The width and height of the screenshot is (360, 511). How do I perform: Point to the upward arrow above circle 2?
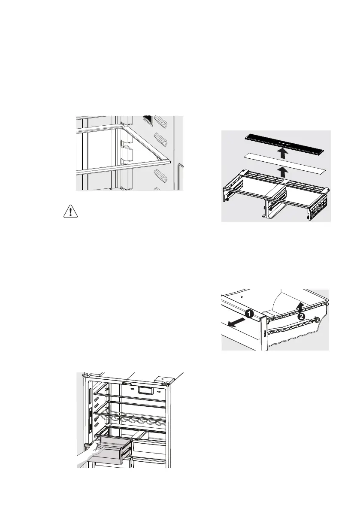point(302,305)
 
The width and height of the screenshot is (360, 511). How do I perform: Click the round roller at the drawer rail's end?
point(316,319)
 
